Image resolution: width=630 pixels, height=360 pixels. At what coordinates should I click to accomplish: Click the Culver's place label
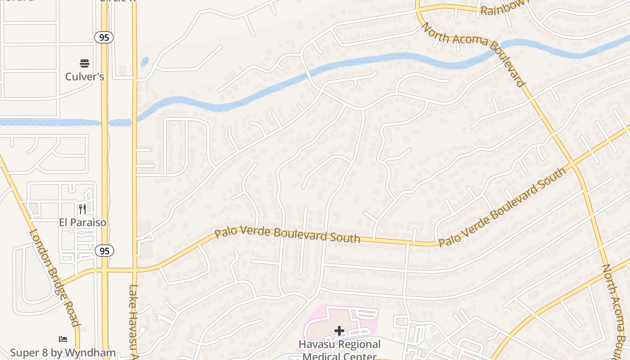(x=85, y=76)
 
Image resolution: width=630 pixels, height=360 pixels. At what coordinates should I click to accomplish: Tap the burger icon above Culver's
(x=85, y=63)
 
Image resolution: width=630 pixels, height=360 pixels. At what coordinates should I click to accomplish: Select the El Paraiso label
(x=83, y=222)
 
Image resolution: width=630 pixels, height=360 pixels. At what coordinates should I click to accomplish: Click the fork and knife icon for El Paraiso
(x=82, y=209)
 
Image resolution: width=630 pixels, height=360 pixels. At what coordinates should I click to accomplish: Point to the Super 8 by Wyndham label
(x=63, y=353)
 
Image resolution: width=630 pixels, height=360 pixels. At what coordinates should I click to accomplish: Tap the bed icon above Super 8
(x=63, y=339)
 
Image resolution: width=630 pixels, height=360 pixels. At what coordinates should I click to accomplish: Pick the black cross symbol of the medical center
(x=339, y=331)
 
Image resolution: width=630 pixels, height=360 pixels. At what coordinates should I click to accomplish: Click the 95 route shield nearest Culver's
(x=104, y=37)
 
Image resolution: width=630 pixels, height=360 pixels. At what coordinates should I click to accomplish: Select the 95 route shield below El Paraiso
(x=104, y=251)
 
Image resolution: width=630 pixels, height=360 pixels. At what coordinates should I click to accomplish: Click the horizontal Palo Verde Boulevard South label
(x=287, y=235)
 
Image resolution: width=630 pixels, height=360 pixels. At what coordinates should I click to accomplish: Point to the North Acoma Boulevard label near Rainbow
(x=473, y=54)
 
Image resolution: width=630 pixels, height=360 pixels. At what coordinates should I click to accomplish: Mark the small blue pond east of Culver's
(x=144, y=62)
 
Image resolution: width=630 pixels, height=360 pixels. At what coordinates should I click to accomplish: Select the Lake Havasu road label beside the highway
(x=133, y=322)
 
